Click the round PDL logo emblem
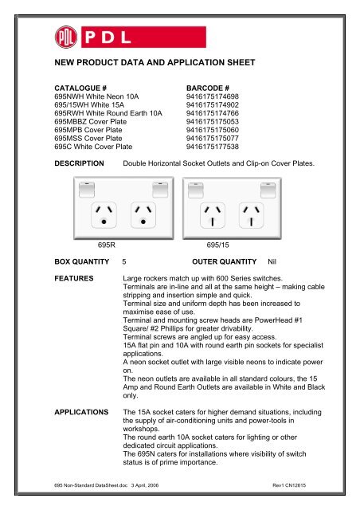click(66, 37)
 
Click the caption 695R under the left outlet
click(109, 245)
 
